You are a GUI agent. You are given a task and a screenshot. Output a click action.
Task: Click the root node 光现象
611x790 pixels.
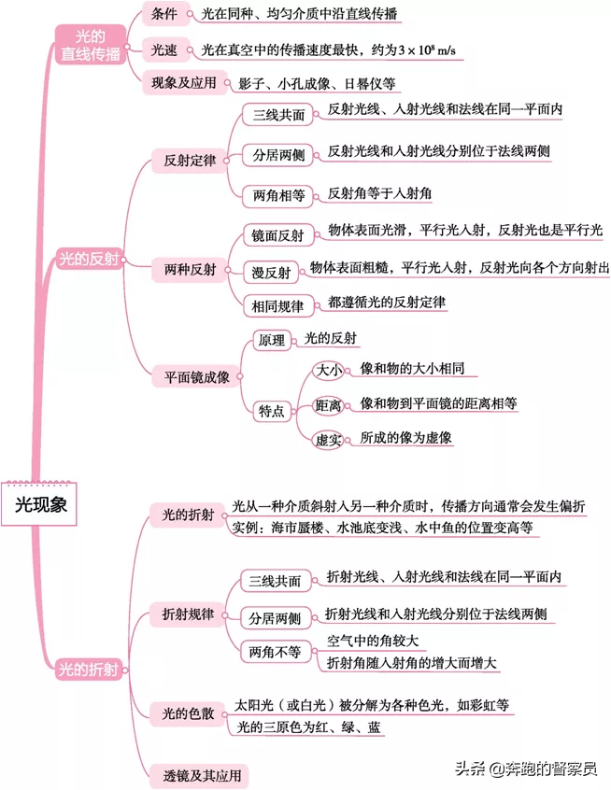[39, 504]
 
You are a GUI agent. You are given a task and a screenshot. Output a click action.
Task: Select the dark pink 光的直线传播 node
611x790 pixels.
[91, 45]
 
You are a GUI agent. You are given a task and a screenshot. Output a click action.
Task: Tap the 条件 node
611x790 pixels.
[164, 14]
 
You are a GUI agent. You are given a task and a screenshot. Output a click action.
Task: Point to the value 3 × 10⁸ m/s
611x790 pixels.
[427, 49]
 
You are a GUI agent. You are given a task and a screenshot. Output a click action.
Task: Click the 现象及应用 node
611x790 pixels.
[183, 82]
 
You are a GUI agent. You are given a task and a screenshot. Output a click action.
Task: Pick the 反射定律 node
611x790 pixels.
[190, 161]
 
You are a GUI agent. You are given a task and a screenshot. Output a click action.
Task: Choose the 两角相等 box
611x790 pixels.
[278, 195]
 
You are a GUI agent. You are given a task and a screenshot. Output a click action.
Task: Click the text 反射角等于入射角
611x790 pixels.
[379, 193]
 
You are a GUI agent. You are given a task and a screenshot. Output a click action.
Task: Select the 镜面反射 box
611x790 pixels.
[277, 235]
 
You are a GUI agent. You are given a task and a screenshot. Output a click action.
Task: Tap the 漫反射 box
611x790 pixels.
[271, 273]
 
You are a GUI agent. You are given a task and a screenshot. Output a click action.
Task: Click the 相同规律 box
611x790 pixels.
[277, 306]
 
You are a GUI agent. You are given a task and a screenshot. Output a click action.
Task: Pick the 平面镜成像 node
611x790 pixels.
[196, 377]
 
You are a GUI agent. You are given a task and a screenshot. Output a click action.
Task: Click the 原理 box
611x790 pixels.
[272, 340]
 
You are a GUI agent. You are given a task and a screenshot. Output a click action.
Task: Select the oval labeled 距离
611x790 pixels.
[328, 405]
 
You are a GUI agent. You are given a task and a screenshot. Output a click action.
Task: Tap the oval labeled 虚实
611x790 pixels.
[328, 440]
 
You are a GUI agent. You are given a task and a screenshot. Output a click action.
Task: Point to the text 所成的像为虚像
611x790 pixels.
[405, 437]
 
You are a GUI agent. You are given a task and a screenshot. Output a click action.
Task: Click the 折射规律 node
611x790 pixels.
[188, 614]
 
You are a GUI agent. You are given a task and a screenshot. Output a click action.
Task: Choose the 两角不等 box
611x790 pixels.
[275, 652]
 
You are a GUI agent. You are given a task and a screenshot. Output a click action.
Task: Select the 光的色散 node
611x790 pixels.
[188, 713]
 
